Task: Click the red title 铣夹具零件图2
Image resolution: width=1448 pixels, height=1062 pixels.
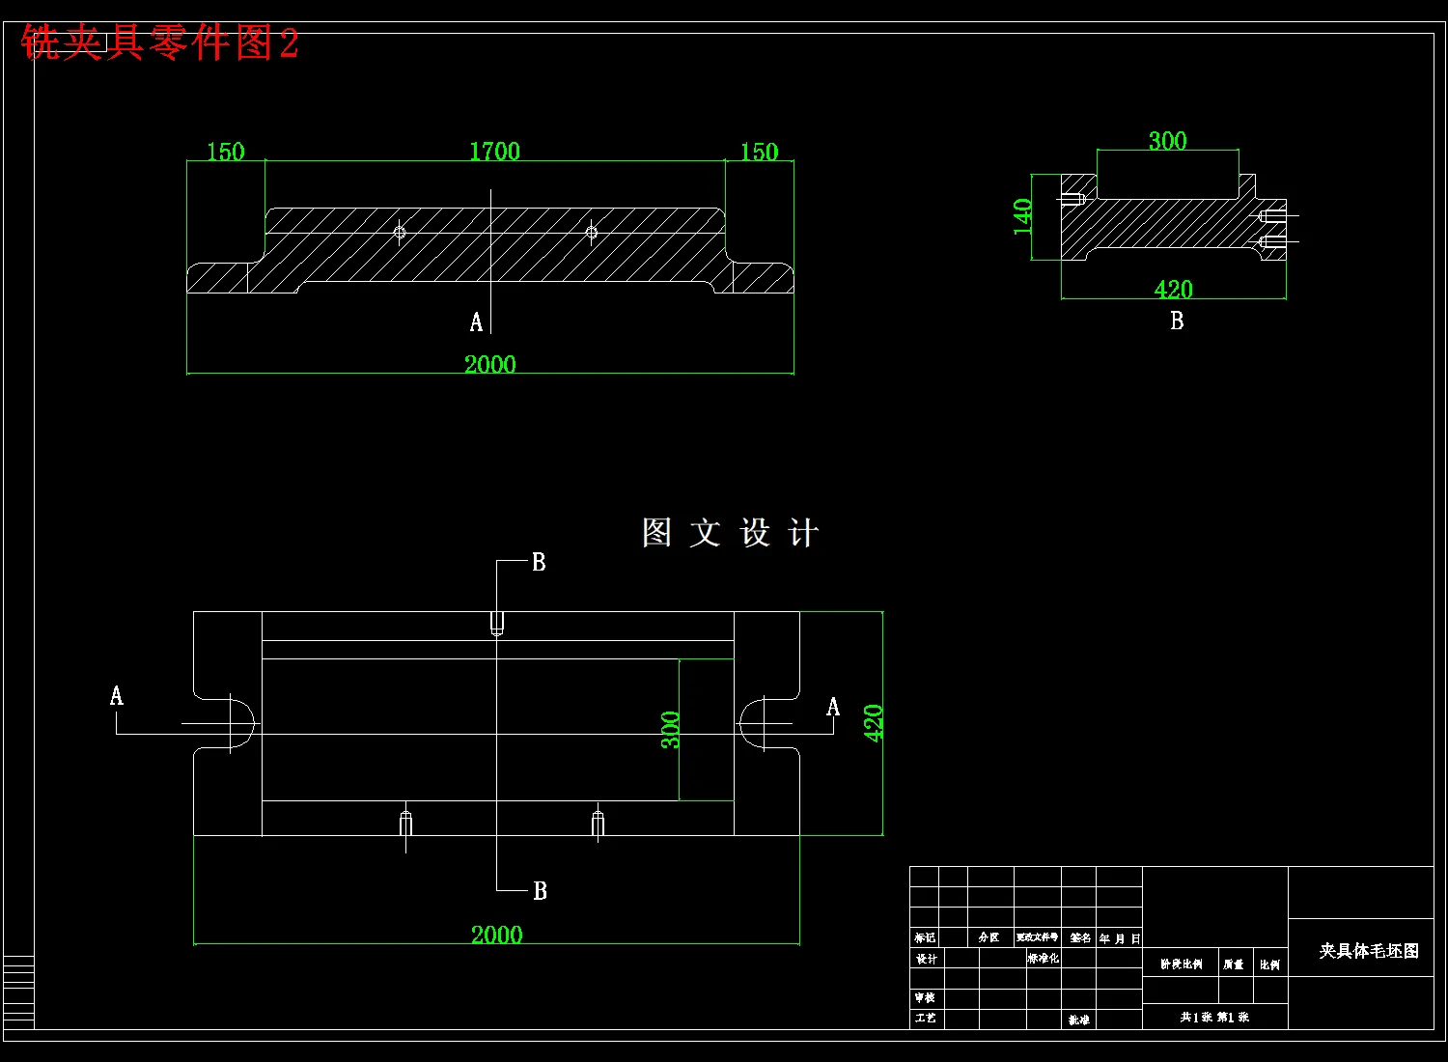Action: [x=159, y=43]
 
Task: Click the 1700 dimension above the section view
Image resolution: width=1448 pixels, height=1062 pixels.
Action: [x=494, y=152]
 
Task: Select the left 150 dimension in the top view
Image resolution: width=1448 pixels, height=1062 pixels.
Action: [x=226, y=153]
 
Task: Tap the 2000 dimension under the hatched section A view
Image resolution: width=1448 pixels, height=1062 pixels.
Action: [x=490, y=364]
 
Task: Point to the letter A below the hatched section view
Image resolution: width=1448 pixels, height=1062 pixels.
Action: [x=476, y=322]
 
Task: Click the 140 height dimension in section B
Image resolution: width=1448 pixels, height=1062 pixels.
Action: [x=1023, y=216]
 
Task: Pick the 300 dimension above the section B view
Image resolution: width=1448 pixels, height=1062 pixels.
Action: [x=1167, y=141]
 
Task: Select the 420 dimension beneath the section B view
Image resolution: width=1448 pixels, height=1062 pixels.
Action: [x=1173, y=289]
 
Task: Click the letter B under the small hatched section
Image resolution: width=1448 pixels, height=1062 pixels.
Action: [x=1177, y=321]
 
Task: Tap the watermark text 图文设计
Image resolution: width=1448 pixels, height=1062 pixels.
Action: [x=731, y=533]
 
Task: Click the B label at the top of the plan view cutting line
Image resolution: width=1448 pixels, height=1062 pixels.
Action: [x=539, y=562]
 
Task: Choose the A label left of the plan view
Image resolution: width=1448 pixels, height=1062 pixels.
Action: [x=117, y=695]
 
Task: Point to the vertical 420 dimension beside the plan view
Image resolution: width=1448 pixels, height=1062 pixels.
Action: [x=874, y=723]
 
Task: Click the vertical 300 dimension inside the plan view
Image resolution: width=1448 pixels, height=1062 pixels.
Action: [x=670, y=730]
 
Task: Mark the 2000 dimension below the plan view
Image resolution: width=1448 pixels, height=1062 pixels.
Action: [x=496, y=935]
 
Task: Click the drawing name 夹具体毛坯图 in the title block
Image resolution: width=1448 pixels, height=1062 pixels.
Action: [x=1369, y=951]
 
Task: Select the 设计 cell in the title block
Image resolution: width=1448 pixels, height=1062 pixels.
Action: [x=926, y=959]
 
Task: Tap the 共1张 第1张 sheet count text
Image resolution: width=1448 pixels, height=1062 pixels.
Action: [x=1214, y=1017]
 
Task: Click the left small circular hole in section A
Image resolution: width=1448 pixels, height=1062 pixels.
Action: [x=400, y=232]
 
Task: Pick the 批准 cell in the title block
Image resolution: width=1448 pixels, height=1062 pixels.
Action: [x=1078, y=1020]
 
